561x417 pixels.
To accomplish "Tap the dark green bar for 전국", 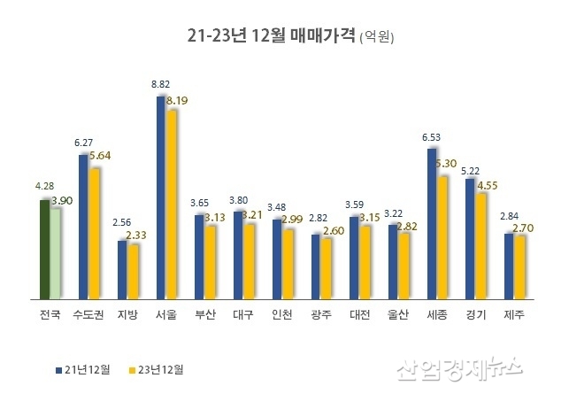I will click(x=44, y=250).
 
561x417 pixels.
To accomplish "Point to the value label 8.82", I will click(x=160, y=84).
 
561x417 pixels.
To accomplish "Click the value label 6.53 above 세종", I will click(x=432, y=137).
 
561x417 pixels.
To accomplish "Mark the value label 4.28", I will click(x=44, y=187).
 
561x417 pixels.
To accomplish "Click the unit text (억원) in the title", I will click(x=377, y=37).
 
